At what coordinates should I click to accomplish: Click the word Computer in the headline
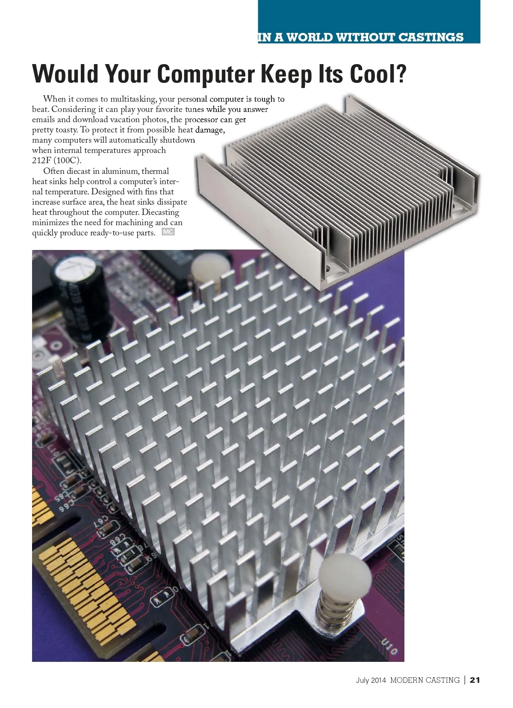pyautogui.click(x=206, y=74)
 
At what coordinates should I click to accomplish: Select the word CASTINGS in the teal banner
pyautogui.click(x=431, y=37)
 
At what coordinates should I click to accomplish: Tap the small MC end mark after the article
pyautogui.click(x=168, y=232)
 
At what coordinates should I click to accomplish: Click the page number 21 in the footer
pyautogui.click(x=475, y=680)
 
